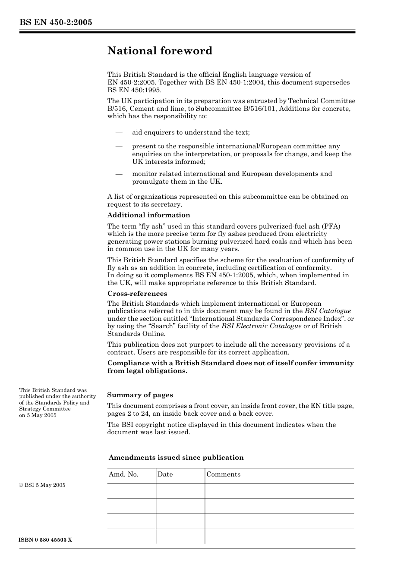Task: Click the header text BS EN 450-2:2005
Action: tap(56, 22)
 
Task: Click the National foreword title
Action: tap(160, 51)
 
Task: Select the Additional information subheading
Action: tap(148, 215)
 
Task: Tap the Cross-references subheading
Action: tap(137, 294)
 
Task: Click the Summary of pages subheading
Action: tap(140, 395)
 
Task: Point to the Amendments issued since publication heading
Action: tap(176, 458)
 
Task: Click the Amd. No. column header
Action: tap(123, 474)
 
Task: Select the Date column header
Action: tap(165, 474)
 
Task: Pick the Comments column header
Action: tap(223, 474)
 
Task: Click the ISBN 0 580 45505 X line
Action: tap(46, 540)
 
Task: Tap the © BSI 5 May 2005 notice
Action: tap(42, 485)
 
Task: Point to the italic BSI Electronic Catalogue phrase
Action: tap(261, 326)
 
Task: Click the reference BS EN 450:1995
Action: tap(134, 90)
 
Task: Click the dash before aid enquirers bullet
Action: tap(119, 132)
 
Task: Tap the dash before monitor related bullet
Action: tap(119, 174)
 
